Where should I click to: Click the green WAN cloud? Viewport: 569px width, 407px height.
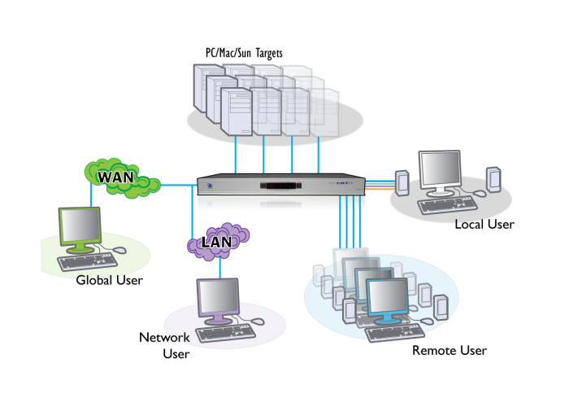(x=122, y=178)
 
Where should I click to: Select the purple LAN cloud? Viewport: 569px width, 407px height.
(x=218, y=242)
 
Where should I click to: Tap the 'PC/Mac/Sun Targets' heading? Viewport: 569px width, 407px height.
(x=244, y=54)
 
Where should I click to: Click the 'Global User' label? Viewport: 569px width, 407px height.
(x=109, y=280)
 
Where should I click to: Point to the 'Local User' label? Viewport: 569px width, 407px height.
(x=484, y=224)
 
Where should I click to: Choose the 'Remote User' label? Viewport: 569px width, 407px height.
(x=450, y=350)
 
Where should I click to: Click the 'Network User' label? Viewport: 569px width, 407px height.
(x=164, y=345)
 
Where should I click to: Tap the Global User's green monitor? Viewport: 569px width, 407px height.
(x=80, y=230)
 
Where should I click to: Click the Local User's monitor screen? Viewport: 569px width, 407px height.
(x=440, y=168)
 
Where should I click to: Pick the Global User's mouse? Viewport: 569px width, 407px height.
(x=119, y=250)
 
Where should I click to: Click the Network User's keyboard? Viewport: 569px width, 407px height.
(x=225, y=333)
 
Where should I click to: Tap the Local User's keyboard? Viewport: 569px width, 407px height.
(x=447, y=205)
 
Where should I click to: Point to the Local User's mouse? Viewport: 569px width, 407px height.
(x=480, y=194)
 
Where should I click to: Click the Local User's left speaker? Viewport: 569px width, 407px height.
(x=402, y=183)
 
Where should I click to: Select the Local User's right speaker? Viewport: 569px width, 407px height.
(x=493, y=180)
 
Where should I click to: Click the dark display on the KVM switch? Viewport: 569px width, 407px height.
(x=281, y=186)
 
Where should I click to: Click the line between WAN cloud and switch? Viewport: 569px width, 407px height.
(x=179, y=185)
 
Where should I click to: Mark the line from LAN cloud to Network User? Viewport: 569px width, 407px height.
(x=220, y=268)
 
